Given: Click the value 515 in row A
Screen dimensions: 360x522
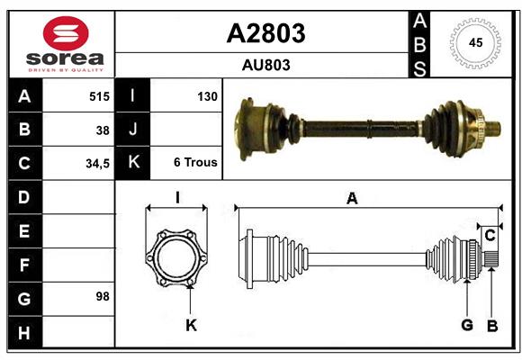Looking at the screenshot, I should pyautogui.click(x=99, y=95).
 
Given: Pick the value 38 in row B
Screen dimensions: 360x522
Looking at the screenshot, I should pyautogui.click(x=103, y=130).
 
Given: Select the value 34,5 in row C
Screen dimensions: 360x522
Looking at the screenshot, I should pyautogui.click(x=97, y=164).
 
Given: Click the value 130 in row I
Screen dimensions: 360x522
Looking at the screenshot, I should pyautogui.click(x=207, y=95).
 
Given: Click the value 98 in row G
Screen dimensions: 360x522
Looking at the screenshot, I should pyautogui.click(x=103, y=295).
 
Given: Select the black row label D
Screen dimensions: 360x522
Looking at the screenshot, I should pyautogui.click(x=24, y=196).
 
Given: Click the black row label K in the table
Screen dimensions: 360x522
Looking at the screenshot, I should pyautogui.click(x=133, y=163).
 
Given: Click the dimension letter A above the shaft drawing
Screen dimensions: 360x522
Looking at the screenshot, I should pyautogui.click(x=352, y=199).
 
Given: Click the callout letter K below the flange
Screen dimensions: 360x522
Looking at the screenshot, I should pyautogui.click(x=191, y=325).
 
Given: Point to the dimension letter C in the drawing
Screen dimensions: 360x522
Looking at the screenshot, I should pyautogui.click(x=490, y=236).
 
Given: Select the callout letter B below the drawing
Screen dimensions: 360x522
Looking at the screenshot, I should pyautogui.click(x=491, y=325).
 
